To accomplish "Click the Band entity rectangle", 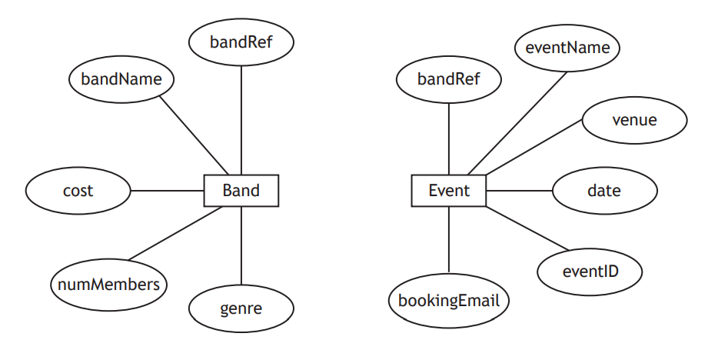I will tap(241, 191).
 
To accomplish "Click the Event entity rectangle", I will tap(448, 191).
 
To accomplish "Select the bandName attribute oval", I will tap(121, 78).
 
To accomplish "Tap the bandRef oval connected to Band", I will tap(241, 42).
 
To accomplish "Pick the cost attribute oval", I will tap(78, 190).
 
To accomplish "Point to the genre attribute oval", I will tap(241, 309).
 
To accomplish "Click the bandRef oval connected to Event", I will tap(448, 78).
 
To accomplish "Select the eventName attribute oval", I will tap(567, 48).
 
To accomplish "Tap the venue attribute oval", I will tap(634, 120).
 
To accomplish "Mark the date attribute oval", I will tap(604, 190).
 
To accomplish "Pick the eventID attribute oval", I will tap(590, 270).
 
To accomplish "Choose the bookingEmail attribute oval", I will tap(448, 300).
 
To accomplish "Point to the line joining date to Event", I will tap(519, 191).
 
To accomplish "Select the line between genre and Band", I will tap(241, 246).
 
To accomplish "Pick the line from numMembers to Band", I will tap(175, 233).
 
